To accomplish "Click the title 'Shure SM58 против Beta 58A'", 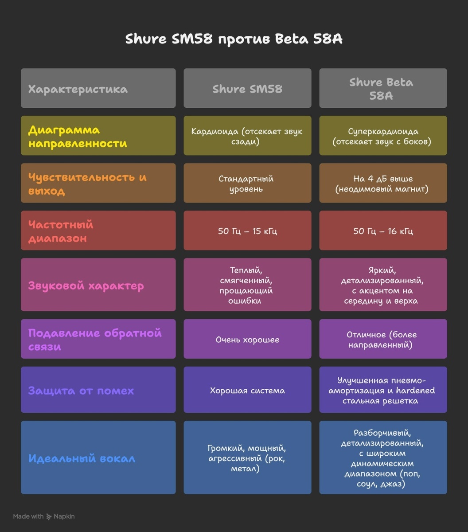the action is coord(234,39).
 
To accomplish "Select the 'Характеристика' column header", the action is coord(78,89).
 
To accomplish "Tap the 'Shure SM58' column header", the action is coord(247,89).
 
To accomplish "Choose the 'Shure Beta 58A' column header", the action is coord(381,88).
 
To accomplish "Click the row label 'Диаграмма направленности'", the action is coord(78,137).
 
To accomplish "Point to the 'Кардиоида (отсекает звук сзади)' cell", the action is coord(247,136).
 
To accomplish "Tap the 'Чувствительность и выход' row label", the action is coord(87,184).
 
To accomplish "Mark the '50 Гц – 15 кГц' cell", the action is coord(247,231).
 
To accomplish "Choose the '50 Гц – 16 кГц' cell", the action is coord(383,231).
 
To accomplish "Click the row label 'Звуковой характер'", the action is coord(86,286).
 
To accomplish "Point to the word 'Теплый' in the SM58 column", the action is coord(246,270).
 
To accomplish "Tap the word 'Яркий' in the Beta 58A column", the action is coord(382,270).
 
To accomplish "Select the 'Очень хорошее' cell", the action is coord(247,340).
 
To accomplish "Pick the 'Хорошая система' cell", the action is coord(247,391).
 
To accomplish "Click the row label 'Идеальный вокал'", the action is coord(82,458).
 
